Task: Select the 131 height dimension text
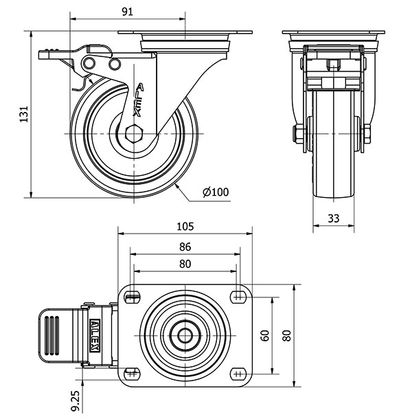tap(23, 114)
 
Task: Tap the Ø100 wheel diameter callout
tap(216, 192)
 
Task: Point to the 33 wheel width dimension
tap(333, 218)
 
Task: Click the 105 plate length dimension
tap(185, 225)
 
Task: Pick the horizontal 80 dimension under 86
tap(185, 264)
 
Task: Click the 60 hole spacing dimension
tap(265, 336)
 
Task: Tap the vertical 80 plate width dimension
tap(286, 336)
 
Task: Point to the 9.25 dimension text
tap(76, 398)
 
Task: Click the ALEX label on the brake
tap(95, 336)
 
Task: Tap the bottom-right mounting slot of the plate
tap(238, 374)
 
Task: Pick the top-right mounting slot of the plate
tap(238, 296)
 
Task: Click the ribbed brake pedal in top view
tap(54, 335)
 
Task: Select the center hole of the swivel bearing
tap(185, 336)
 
